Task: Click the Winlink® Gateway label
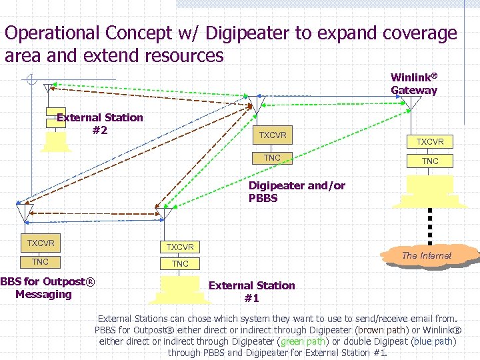coord(414,84)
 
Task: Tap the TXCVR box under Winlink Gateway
coord(430,141)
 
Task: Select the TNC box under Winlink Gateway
coord(430,161)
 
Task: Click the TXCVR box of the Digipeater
coord(273,135)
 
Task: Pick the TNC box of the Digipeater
coord(272,158)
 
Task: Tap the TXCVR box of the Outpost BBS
coord(41,243)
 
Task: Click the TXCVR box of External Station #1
coord(180,247)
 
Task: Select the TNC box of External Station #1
coord(180,264)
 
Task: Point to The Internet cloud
coord(427,255)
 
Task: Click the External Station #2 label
coord(100,123)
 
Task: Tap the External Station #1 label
coord(251,291)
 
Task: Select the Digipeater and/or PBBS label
coord(297,192)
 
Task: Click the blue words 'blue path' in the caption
coord(433,341)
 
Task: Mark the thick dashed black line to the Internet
coord(430,225)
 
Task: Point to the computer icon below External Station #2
coord(55,141)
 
